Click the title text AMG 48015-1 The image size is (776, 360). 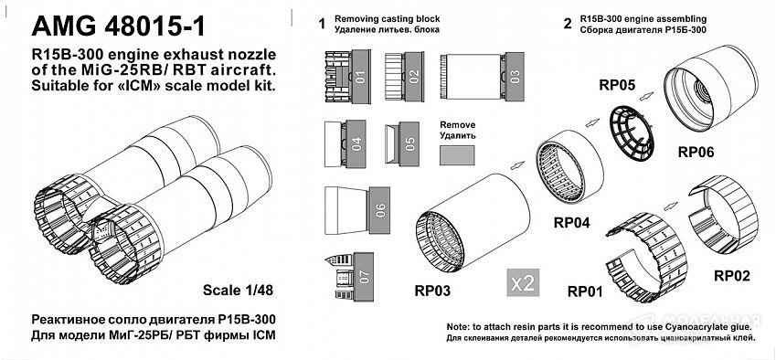118,26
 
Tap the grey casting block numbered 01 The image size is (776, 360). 360,77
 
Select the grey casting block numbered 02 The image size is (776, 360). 414,77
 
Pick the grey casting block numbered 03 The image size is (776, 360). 515,77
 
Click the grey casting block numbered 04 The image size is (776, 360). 356,143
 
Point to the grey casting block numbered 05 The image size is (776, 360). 409,143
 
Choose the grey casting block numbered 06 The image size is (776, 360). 379,210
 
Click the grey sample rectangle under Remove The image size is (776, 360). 457,155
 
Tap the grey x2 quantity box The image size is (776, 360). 523,283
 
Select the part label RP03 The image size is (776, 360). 432,291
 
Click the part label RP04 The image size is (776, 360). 571,223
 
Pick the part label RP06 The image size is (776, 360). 696,153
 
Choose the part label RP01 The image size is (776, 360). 585,291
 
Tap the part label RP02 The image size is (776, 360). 732,275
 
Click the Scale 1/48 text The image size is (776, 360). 238,291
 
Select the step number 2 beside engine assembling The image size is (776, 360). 568,23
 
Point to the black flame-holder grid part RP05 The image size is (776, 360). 631,134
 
